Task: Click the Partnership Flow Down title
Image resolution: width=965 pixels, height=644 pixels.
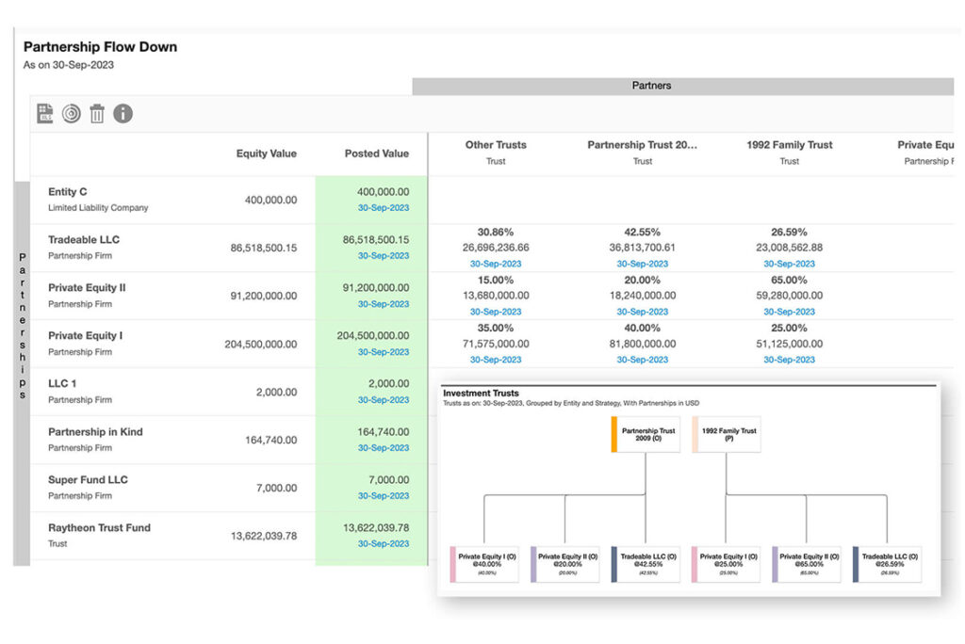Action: click(x=100, y=46)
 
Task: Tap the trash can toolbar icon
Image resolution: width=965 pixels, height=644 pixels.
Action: click(x=97, y=114)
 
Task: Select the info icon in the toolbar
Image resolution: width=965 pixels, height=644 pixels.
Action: click(x=123, y=114)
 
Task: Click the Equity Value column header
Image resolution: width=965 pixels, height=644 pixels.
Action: click(x=266, y=153)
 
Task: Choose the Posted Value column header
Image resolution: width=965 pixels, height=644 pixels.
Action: click(x=376, y=153)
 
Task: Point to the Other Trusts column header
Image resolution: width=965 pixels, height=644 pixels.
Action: click(x=496, y=145)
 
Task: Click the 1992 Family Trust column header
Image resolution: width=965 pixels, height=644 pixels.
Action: click(x=789, y=145)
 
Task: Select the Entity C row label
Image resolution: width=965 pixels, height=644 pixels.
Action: click(x=68, y=192)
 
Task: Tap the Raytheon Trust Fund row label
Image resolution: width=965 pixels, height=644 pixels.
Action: click(x=99, y=528)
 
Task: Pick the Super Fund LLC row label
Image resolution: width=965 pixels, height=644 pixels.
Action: click(x=88, y=480)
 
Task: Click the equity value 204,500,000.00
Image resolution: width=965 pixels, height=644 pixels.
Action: click(x=260, y=345)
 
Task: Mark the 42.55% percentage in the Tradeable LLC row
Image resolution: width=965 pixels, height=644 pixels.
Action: click(x=643, y=233)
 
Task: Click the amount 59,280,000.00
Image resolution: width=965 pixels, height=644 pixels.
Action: click(x=790, y=296)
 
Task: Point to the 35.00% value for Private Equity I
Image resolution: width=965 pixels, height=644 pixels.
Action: click(x=496, y=329)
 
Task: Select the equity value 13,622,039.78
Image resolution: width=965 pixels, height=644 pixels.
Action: click(x=264, y=537)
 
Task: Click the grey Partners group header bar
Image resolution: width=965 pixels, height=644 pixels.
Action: click(x=651, y=86)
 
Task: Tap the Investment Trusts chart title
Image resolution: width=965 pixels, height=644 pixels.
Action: click(x=481, y=394)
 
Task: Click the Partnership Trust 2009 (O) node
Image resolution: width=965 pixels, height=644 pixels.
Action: click(x=646, y=435)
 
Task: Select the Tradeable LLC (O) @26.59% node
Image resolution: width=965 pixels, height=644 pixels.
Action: click(x=887, y=563)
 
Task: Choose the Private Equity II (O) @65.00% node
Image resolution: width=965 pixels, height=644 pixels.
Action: click(x=806, y=563)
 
